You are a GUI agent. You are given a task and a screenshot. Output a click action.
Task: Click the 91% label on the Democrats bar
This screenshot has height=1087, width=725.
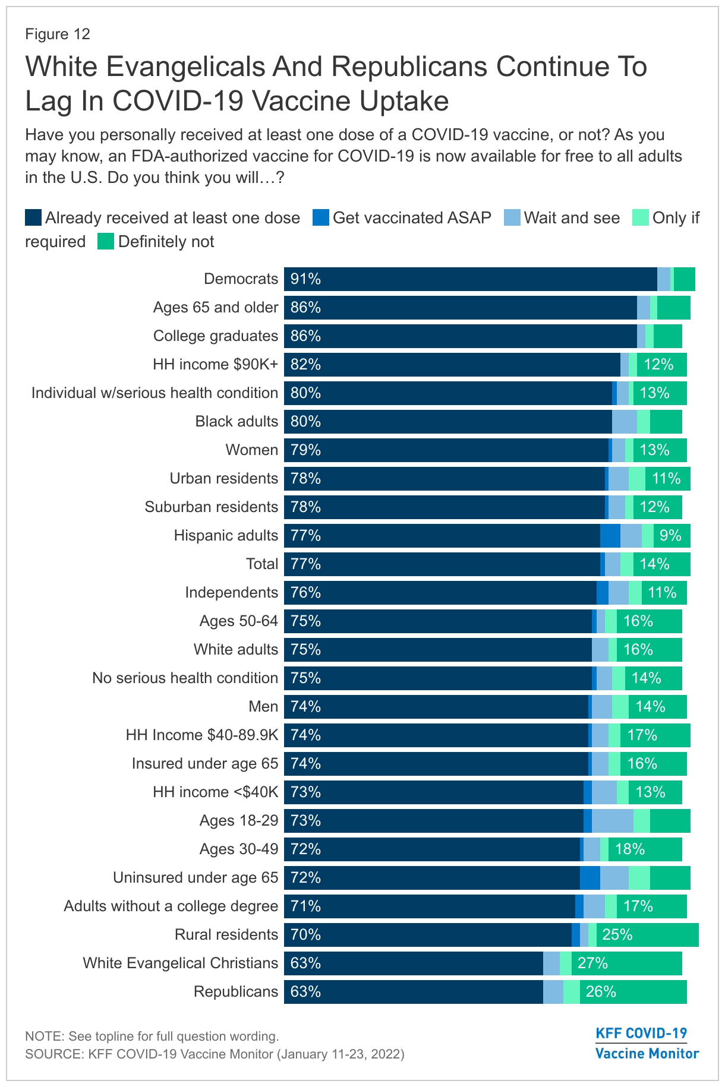click(x=305, y=279)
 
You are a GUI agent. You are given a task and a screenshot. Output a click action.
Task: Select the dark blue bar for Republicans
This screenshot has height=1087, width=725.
click(x=413, y=992)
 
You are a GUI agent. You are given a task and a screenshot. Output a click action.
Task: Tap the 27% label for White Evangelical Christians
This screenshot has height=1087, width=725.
click(x=592, y=963)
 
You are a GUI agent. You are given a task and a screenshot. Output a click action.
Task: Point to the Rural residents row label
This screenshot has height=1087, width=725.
click(x=226, y=935)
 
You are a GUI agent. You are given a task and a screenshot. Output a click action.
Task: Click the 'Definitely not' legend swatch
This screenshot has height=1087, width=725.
click(x=106, y=242)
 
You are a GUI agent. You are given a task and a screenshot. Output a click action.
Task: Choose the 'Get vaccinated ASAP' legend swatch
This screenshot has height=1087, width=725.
click(x=321, y=218)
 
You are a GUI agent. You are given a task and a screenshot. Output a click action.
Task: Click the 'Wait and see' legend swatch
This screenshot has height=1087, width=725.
click(x=512, y=218)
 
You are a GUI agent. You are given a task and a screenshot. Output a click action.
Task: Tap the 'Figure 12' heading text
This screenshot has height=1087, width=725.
click(x=58, y=34)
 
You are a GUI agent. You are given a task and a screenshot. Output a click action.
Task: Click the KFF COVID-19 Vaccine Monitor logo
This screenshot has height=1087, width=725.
click(x=647, y=1043)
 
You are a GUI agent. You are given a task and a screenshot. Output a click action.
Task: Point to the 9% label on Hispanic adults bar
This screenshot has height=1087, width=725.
click(x=670, y=536)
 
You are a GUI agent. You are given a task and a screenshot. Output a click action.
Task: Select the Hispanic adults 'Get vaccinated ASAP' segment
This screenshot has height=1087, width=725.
click(x=610, y=536)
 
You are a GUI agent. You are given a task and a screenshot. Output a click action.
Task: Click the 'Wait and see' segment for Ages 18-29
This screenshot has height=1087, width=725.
click(x=612, y=821)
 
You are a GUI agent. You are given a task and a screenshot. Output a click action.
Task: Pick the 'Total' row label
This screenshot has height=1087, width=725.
click(x=262, y=564)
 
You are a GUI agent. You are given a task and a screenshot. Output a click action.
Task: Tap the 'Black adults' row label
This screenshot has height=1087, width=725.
click(x=237, y=422)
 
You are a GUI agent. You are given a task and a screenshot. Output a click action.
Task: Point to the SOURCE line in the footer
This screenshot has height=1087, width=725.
click(x=215, y=1054)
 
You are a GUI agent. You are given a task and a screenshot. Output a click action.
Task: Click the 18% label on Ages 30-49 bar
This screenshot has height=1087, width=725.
click(x=630, y=849)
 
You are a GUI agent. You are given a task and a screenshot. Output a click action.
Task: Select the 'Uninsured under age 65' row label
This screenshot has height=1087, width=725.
click(x=196, y=878)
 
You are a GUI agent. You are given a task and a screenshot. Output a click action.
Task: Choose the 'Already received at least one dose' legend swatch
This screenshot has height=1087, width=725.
click(x=33, y=218)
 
